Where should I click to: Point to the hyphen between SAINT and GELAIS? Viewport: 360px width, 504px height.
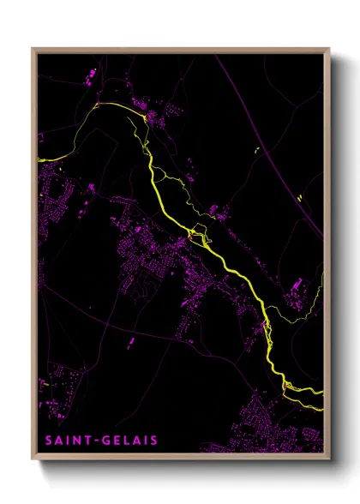98,441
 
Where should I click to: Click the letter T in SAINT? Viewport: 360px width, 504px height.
90,441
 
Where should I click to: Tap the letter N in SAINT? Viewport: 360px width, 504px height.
80,441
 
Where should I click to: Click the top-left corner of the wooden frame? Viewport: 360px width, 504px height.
33,49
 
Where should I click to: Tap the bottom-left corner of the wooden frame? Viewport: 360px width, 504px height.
33,459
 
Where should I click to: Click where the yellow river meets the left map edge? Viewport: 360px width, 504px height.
39,159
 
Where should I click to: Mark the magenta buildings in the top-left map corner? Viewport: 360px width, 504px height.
90,81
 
